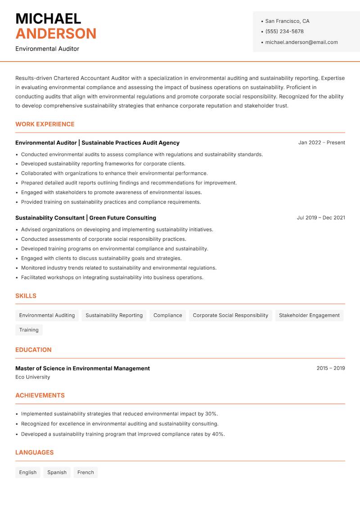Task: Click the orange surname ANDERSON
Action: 56,34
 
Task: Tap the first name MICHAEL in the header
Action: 48,18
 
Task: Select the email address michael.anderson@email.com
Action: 301,42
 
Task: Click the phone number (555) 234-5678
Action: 284,31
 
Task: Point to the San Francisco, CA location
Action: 287,21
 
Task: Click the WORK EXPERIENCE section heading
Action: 45,124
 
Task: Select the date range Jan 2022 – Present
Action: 321,143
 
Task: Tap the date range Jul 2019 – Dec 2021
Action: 321,218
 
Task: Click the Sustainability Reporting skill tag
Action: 114,315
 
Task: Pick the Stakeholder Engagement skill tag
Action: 309,315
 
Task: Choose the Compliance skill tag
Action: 167,315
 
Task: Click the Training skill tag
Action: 29,330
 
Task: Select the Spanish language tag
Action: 57,472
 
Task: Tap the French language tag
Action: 85,472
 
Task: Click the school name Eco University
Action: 32,377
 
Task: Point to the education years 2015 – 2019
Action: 330,368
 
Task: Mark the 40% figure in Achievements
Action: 218,434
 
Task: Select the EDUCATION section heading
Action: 33,350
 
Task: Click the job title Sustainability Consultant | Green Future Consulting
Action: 85,218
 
